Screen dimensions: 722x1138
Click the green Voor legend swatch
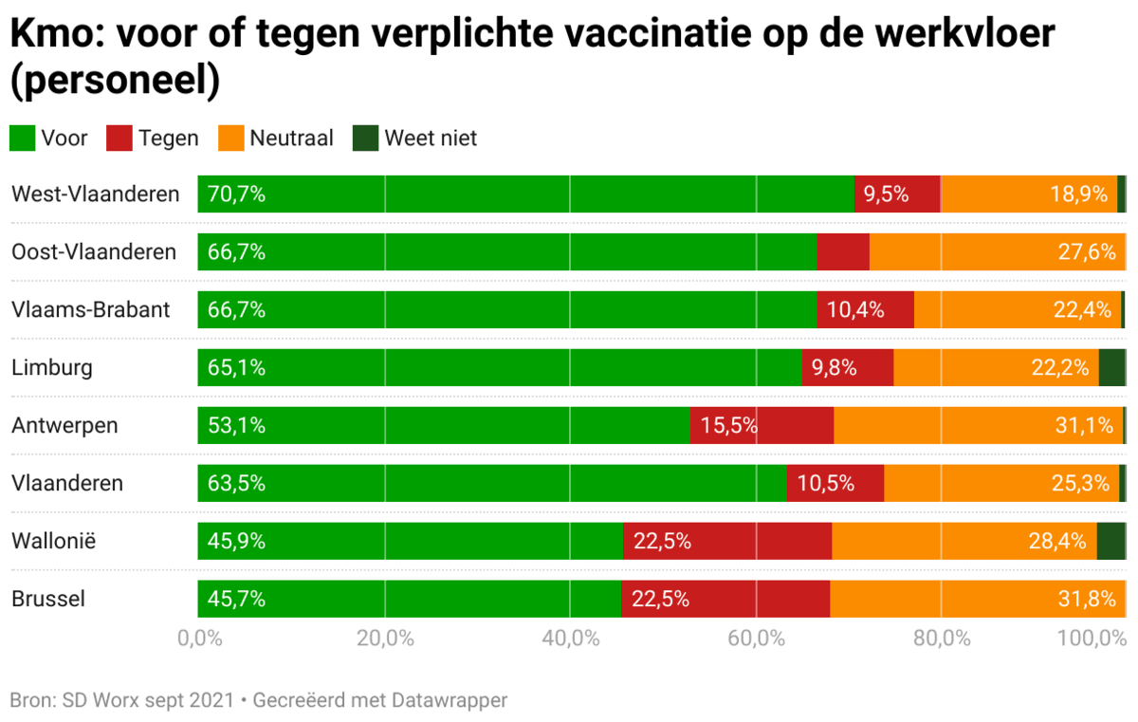23,139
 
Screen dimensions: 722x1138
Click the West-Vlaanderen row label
95,194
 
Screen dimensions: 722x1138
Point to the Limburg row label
52,367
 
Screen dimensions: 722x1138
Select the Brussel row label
48,600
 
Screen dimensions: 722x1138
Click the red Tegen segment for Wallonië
727,542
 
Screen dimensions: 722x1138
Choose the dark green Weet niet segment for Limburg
1112,367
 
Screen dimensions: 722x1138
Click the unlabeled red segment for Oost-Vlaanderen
843,252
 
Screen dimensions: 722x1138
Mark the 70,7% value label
236,194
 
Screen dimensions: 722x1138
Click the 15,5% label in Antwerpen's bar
728,426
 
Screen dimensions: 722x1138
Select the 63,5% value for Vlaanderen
236,484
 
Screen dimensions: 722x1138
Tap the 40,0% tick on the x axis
570,638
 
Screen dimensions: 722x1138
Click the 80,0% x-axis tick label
942,638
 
